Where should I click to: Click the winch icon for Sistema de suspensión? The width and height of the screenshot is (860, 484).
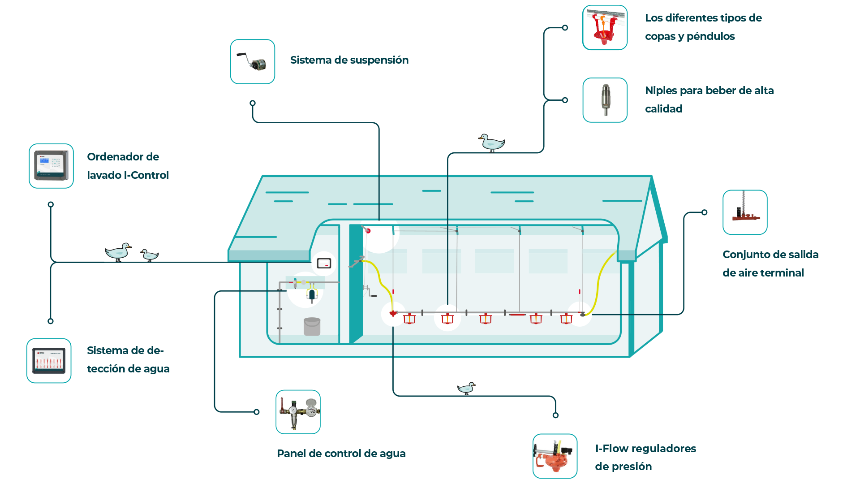click(253, 61)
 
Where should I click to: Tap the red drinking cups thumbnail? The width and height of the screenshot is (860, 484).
click(605, 27)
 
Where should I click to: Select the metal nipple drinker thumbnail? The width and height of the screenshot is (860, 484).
click(605, 100)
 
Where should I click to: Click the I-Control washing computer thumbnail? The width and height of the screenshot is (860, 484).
click(52, 166)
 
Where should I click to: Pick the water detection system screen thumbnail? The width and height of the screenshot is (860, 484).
click(49, 361)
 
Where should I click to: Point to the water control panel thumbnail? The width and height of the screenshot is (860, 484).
click(298, 412)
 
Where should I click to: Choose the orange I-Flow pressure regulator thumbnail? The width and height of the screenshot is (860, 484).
click(555, 456)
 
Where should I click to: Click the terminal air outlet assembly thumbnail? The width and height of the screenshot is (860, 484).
click(745, 212)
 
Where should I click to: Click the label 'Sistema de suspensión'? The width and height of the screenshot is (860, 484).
click(349, 60)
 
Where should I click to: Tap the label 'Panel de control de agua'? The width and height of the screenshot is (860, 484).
click(341, 454)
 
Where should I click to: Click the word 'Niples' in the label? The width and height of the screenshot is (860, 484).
click(661, 91)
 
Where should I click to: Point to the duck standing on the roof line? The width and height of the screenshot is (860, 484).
click(492, 143)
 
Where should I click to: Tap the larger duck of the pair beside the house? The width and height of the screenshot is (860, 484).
click(118, 252)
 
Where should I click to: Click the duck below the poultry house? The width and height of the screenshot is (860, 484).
click(466, 388)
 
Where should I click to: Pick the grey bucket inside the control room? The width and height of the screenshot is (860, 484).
click(312, 327)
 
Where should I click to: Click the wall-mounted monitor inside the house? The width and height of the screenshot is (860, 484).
click(324, 264)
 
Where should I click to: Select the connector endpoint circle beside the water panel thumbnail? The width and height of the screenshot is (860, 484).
click(257, 412)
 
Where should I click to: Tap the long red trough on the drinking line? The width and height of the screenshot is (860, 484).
click(517, 315)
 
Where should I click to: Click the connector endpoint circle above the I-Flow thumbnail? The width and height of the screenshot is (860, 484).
click(555, 415)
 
